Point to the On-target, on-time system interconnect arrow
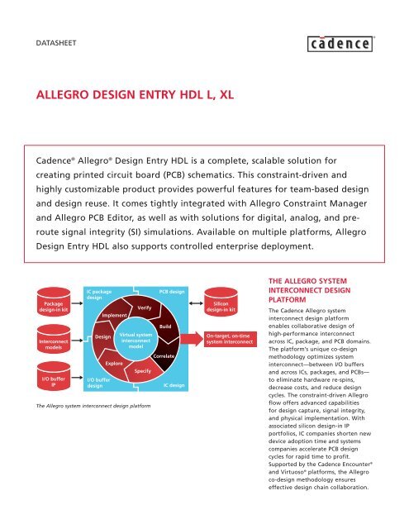[234, 339]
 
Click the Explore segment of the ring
[114, 363]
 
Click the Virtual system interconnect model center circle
[136, 341]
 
